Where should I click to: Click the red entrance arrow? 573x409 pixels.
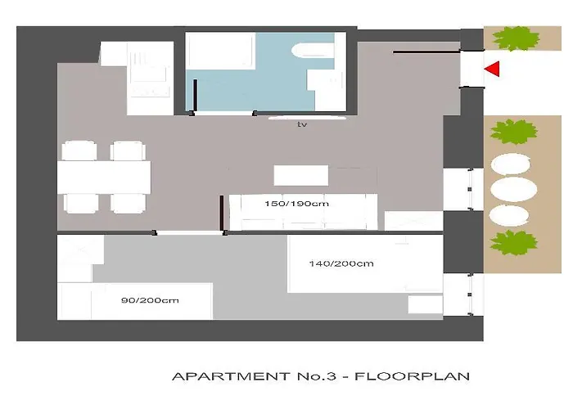[x=492, y=70]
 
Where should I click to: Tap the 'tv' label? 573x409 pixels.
[x=302, y=125]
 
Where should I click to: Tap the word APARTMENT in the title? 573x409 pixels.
[x=234, y=377]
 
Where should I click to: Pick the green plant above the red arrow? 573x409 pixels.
[x=514, y=38]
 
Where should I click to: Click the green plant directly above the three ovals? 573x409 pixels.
[x=513, y=131]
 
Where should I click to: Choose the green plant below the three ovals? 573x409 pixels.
[x=513, y=243]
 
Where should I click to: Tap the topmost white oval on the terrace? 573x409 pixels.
[x=513, y=163]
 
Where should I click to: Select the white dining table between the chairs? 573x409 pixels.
[x=104, y=175]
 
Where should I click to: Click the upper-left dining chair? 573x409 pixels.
[x=79, y=151]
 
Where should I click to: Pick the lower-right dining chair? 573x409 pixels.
[x=128, y=202]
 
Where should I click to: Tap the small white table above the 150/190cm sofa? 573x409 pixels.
[x=300, y=176]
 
